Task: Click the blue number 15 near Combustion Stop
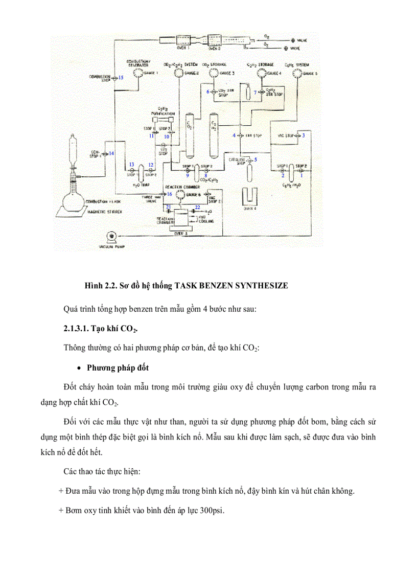tap(121, 78)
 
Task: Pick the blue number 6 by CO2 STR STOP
tap(208, 91)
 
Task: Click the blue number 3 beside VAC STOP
tap(303, 135)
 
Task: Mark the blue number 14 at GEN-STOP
tap(111, 153)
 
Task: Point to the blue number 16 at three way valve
tap(170, 194)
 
